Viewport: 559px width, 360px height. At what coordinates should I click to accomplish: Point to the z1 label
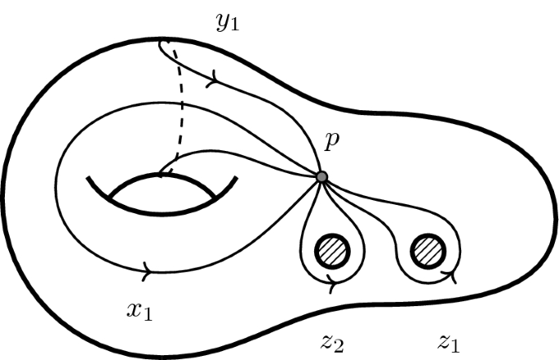pyautogui.click(x=449, y=340)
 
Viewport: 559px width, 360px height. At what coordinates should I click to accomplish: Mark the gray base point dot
pyautogui.click(x=322, y=177)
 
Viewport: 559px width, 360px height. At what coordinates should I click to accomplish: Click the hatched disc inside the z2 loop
pyautogui.click(x=331, y=247)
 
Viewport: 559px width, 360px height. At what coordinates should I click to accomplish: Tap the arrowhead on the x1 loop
pyautogui.click(x=148, y=268)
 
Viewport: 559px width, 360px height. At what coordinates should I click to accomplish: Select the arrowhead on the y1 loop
pyautogui.click(x=214, y=80)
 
